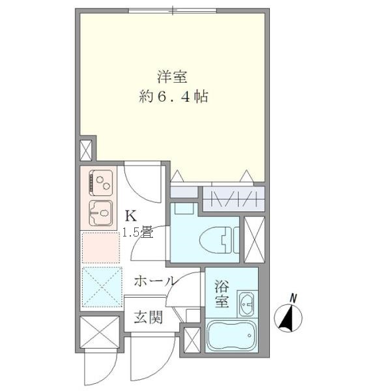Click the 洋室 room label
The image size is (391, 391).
(173, 77)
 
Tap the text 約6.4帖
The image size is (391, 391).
(173, 97)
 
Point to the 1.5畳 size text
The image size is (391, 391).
(137, 233)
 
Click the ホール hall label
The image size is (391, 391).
(154, 282)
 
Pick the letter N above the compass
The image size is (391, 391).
(293, 298)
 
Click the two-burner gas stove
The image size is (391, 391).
(100, 181)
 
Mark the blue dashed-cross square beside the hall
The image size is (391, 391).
(101, 286)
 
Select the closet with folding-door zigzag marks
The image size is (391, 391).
(233, 197)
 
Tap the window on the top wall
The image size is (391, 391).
(173, 10)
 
